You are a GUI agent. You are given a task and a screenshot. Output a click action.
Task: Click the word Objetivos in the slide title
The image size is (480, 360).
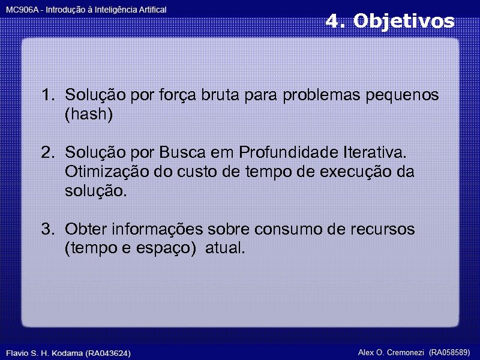point(404,22)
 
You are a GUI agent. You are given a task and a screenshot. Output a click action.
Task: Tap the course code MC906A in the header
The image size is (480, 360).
point(20,10)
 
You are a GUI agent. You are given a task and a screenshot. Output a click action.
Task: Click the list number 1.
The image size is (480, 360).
point(47,95)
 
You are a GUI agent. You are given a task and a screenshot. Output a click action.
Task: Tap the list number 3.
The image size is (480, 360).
point(47,229)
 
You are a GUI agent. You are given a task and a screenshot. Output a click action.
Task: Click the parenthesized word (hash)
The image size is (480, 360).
point(89,115)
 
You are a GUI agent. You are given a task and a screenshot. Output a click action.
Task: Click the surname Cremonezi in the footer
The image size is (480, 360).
point(406,352)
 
